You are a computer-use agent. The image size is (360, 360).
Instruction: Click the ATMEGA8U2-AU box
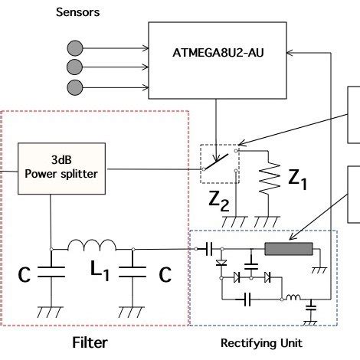pyautogui.click(x=219, y=54)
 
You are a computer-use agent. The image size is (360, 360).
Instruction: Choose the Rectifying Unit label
pyautogui.click(x=263, y=343)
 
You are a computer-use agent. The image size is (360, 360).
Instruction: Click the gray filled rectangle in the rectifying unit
pyautogui.click(x=290, y=248)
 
